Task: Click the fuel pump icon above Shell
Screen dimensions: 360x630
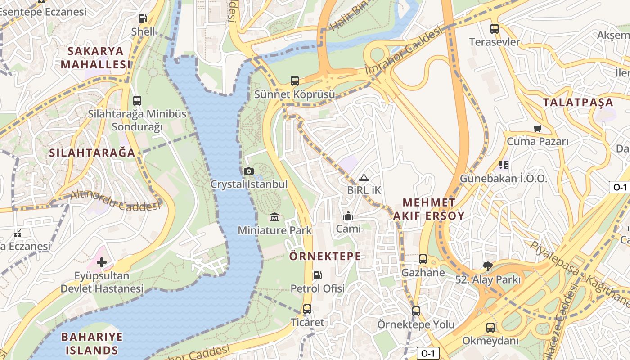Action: pyautogui.click(x=143, y=18)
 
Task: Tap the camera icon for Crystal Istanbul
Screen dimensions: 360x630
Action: pyautogui.click(x=248, y=171)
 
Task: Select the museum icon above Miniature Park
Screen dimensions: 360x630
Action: pyautogui.click(x=274, y=218)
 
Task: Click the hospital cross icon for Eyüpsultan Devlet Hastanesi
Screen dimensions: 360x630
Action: pyautogui.click(x=102, y=262)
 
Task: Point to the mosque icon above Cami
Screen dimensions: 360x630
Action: pyautogui.click(x=348, y=216)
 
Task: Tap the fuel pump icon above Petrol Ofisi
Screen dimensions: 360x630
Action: pyautogui.click(x=317, y=275)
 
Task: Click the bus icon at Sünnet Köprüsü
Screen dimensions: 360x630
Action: pyautogui.click(x=294, y=81)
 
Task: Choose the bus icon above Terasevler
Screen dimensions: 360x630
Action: pyautogui.click(x=494, y=29)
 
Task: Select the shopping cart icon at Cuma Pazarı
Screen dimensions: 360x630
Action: pyautogui.click(x=537, y=129)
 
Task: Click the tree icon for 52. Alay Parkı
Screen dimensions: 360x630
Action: pyautogui.click(x=487, y=266)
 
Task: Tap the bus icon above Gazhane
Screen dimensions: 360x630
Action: pyautogui.click(x=423, y=259)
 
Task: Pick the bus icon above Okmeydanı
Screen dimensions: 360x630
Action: pyautogui.click(x=490, y=328)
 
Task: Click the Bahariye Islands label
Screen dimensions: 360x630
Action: pyautogui.click(x=92, y=343)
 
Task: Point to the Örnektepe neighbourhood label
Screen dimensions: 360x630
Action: pyautogui.click(x=325, y=256)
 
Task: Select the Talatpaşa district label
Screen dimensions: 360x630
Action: pyautogui.click(x=578, y=102)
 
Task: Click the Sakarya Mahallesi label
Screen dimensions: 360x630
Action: pyautogui.click(x=95, y=58)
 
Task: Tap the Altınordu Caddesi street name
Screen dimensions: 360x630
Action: pyautogui.click(x=115, y=201)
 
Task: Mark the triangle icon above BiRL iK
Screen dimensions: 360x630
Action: pyautogui.click(x=364, y=177)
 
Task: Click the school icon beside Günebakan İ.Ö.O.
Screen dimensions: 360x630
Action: pyautogui.click(x=503, y=165)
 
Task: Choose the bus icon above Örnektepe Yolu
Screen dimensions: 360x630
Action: pyautogui.click(x=416, y=311)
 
